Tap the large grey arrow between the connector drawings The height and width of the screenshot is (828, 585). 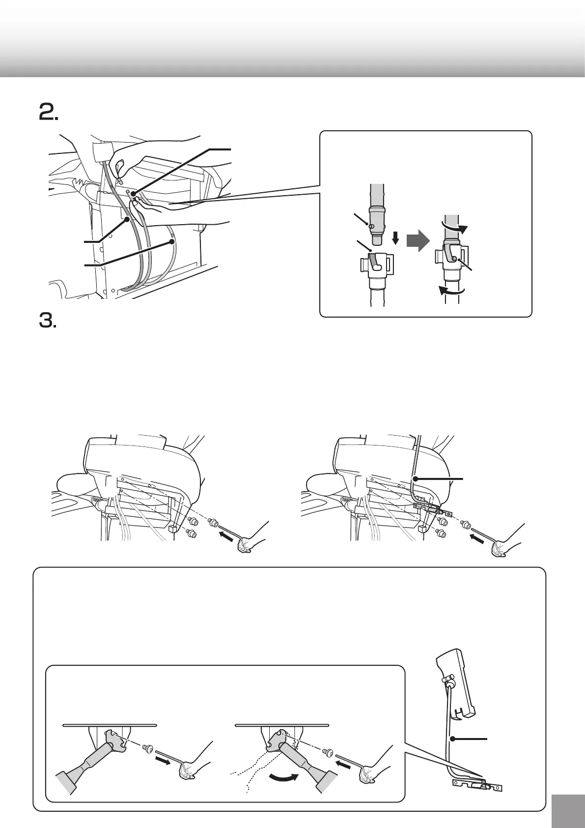(x=419, y=242)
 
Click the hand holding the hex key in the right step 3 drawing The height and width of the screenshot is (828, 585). (x=501, y=546)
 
